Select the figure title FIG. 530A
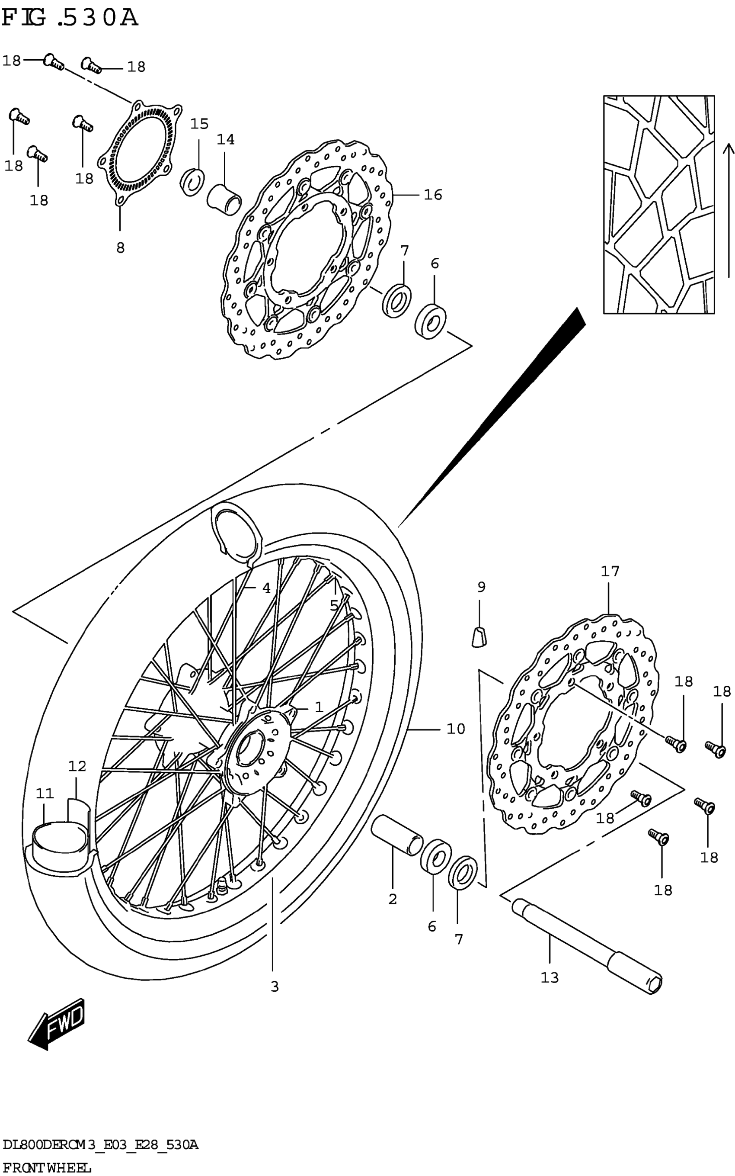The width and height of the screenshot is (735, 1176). tap(70, 19)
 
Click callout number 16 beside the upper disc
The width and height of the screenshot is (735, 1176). tap(433, 195)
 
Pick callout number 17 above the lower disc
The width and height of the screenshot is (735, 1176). tap(610, 571)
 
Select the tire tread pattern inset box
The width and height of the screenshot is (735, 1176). tap(658, 204)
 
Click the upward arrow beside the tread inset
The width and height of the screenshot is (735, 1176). tap(728, 209)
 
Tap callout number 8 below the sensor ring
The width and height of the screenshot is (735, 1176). tap(120, 247)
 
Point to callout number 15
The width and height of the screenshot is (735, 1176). tap(199, 124)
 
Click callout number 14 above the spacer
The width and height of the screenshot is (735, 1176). tap(226, 140)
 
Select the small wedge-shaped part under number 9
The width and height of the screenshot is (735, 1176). tap(479, 637)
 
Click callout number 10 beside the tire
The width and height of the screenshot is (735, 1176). tap(456, 729)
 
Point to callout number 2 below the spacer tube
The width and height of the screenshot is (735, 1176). tap(393, 899)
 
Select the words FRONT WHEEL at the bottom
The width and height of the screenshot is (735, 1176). tap(47, 1167)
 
